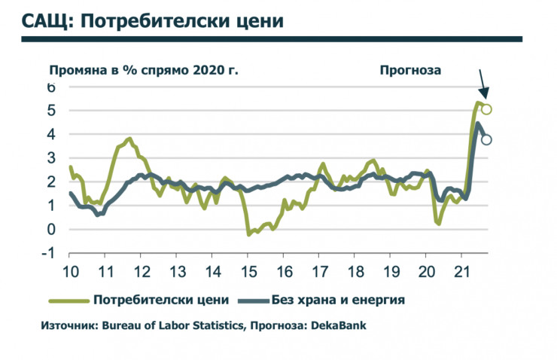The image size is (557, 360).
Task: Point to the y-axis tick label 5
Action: [x=51, y=111]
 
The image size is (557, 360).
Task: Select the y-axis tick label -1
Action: [x=50, y=253]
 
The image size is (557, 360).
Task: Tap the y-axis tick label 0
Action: [x=51, y=230]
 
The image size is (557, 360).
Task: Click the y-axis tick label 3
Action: [x=51, y=158]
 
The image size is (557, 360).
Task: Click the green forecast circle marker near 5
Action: [x=486, y=109]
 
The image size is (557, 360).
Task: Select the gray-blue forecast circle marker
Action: [x=487, y=139]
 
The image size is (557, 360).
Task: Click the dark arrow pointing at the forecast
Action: [x=482, y=83]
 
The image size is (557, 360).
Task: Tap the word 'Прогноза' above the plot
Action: [x=410, y=70]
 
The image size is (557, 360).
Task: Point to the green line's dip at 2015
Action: [x=249, y=234]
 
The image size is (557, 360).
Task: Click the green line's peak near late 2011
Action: [x=129, y=139]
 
